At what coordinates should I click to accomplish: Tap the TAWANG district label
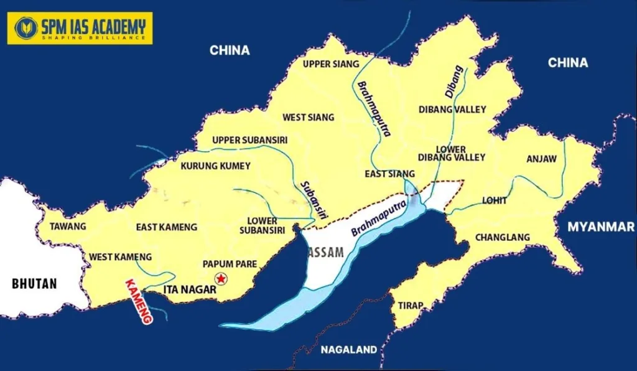coord(68,227)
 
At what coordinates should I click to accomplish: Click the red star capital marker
coord(219,278)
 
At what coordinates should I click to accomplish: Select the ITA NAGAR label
coord(189,289)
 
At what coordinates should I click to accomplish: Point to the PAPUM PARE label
coord(230,264)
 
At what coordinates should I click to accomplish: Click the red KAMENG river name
coord(139,301)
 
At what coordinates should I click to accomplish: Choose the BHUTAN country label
coord(34,284)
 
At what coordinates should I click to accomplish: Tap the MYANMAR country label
coord(600,227)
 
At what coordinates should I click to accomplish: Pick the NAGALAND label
coord(348,349)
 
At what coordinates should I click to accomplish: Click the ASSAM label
coord(325,253)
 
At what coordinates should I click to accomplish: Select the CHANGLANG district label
coord(502,237)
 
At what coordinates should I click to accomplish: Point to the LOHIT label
coord(495,201)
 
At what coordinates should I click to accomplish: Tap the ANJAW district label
coord(541,159)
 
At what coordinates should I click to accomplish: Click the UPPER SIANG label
coord(331,64)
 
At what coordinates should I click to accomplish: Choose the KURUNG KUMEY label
coord(215,166)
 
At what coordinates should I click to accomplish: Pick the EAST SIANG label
coord(390,174)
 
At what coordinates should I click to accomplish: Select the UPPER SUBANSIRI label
coord(249,140)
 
